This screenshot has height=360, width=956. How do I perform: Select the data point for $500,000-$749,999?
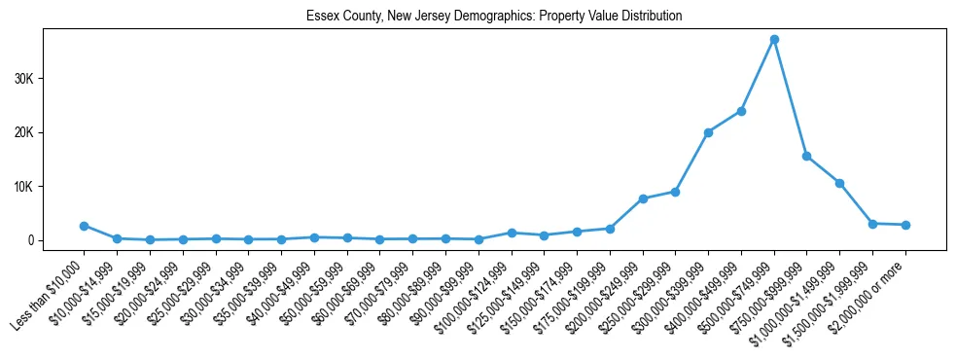tap(774, 40)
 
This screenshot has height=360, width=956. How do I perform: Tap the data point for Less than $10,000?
tap(85, 226)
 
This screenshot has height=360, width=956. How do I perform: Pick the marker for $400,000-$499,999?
tap(741, 111)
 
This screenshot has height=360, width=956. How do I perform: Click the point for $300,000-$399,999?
tap(708, 132)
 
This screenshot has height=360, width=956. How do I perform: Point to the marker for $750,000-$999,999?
tap(807, 156)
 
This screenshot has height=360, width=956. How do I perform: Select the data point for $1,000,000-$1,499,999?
tap(839, 183)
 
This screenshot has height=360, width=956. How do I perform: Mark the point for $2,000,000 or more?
tap(905, 225)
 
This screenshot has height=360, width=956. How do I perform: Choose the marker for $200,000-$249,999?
tap(643, 198)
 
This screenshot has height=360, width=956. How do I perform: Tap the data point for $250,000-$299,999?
tap(675, 192)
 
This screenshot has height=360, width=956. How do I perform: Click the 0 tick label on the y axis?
tap(30, 240)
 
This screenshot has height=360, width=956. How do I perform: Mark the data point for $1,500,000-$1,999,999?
tap(872, 224)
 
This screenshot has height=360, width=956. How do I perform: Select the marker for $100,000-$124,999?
tap(512, 233)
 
